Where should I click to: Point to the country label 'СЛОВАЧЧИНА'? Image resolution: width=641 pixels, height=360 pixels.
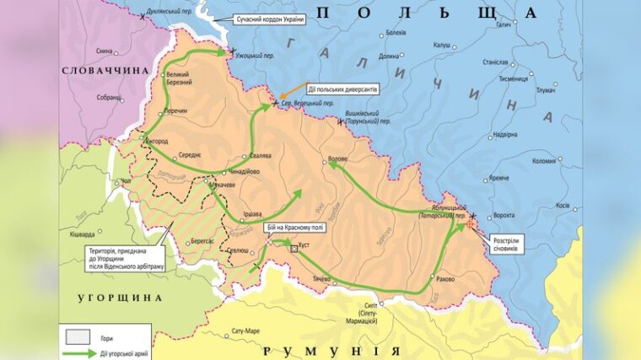100,73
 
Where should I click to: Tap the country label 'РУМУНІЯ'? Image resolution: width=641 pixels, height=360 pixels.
331,349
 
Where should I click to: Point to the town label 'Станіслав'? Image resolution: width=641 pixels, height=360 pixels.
494,62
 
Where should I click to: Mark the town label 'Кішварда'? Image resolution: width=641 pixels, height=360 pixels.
83,233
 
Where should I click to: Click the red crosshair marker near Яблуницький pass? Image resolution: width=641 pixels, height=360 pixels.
470,225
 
